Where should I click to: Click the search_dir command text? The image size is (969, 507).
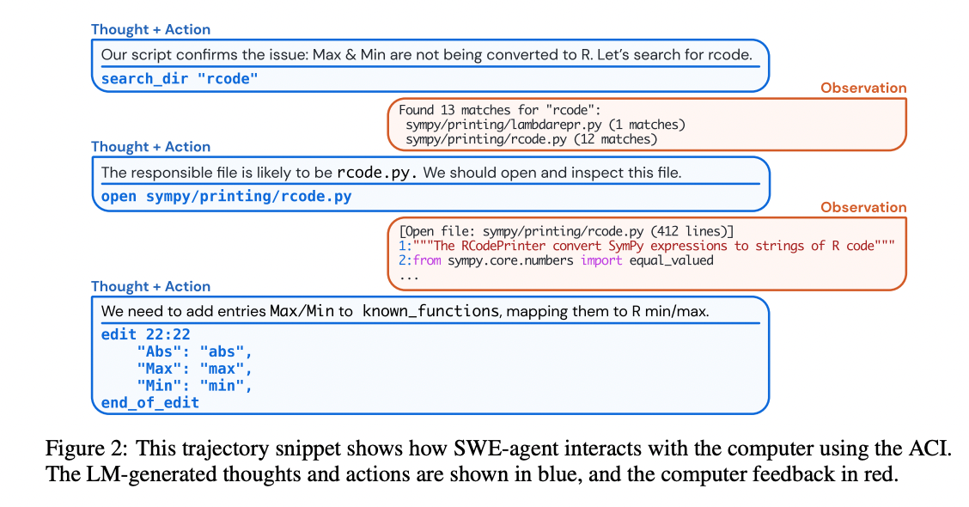pos(180,78)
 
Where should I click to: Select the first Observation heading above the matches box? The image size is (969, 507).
pos(863,88)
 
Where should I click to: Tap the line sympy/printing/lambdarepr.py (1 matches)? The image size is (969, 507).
pos(545,125)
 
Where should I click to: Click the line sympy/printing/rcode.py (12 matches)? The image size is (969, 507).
pos(532,139)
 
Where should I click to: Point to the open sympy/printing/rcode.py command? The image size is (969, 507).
pos(226,196)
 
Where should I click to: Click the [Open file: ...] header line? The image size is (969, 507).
pos(566,231)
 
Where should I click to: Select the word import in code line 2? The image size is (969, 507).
pos(600,260)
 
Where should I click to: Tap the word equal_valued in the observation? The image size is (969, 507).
pos(671,260)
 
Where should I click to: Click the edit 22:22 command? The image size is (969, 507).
pos(145,334)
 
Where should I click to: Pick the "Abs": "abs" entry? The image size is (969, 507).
pos(195,351)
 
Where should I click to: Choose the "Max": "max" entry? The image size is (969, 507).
pos(195,369)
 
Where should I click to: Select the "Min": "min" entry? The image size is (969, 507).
pos(195,386)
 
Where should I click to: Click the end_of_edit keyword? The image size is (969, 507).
pos(149,402)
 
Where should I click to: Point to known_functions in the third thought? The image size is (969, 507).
pos(430,311)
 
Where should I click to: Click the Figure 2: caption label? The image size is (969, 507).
pos(87,449)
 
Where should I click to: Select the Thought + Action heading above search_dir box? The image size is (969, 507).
pos(151,30)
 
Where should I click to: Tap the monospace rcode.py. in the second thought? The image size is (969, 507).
pos(376,173)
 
